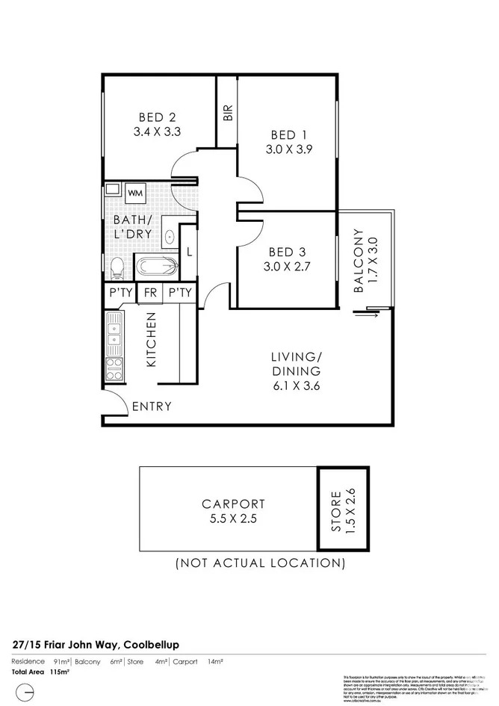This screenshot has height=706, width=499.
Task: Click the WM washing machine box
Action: [135, 193]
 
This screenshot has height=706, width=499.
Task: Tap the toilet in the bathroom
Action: [117, 267]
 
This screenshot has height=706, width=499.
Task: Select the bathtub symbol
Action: [157, 265]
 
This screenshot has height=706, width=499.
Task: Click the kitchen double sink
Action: [115, 333]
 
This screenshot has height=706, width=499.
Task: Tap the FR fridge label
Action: [150, 293]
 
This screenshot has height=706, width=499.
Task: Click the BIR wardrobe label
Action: [228, 112]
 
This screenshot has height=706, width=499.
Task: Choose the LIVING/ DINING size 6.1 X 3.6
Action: [296, 385]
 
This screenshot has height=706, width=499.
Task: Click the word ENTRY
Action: [152, 406]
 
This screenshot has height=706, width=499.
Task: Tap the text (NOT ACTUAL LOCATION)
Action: [260, 563]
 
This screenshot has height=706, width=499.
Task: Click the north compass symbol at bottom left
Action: [25, 691]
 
